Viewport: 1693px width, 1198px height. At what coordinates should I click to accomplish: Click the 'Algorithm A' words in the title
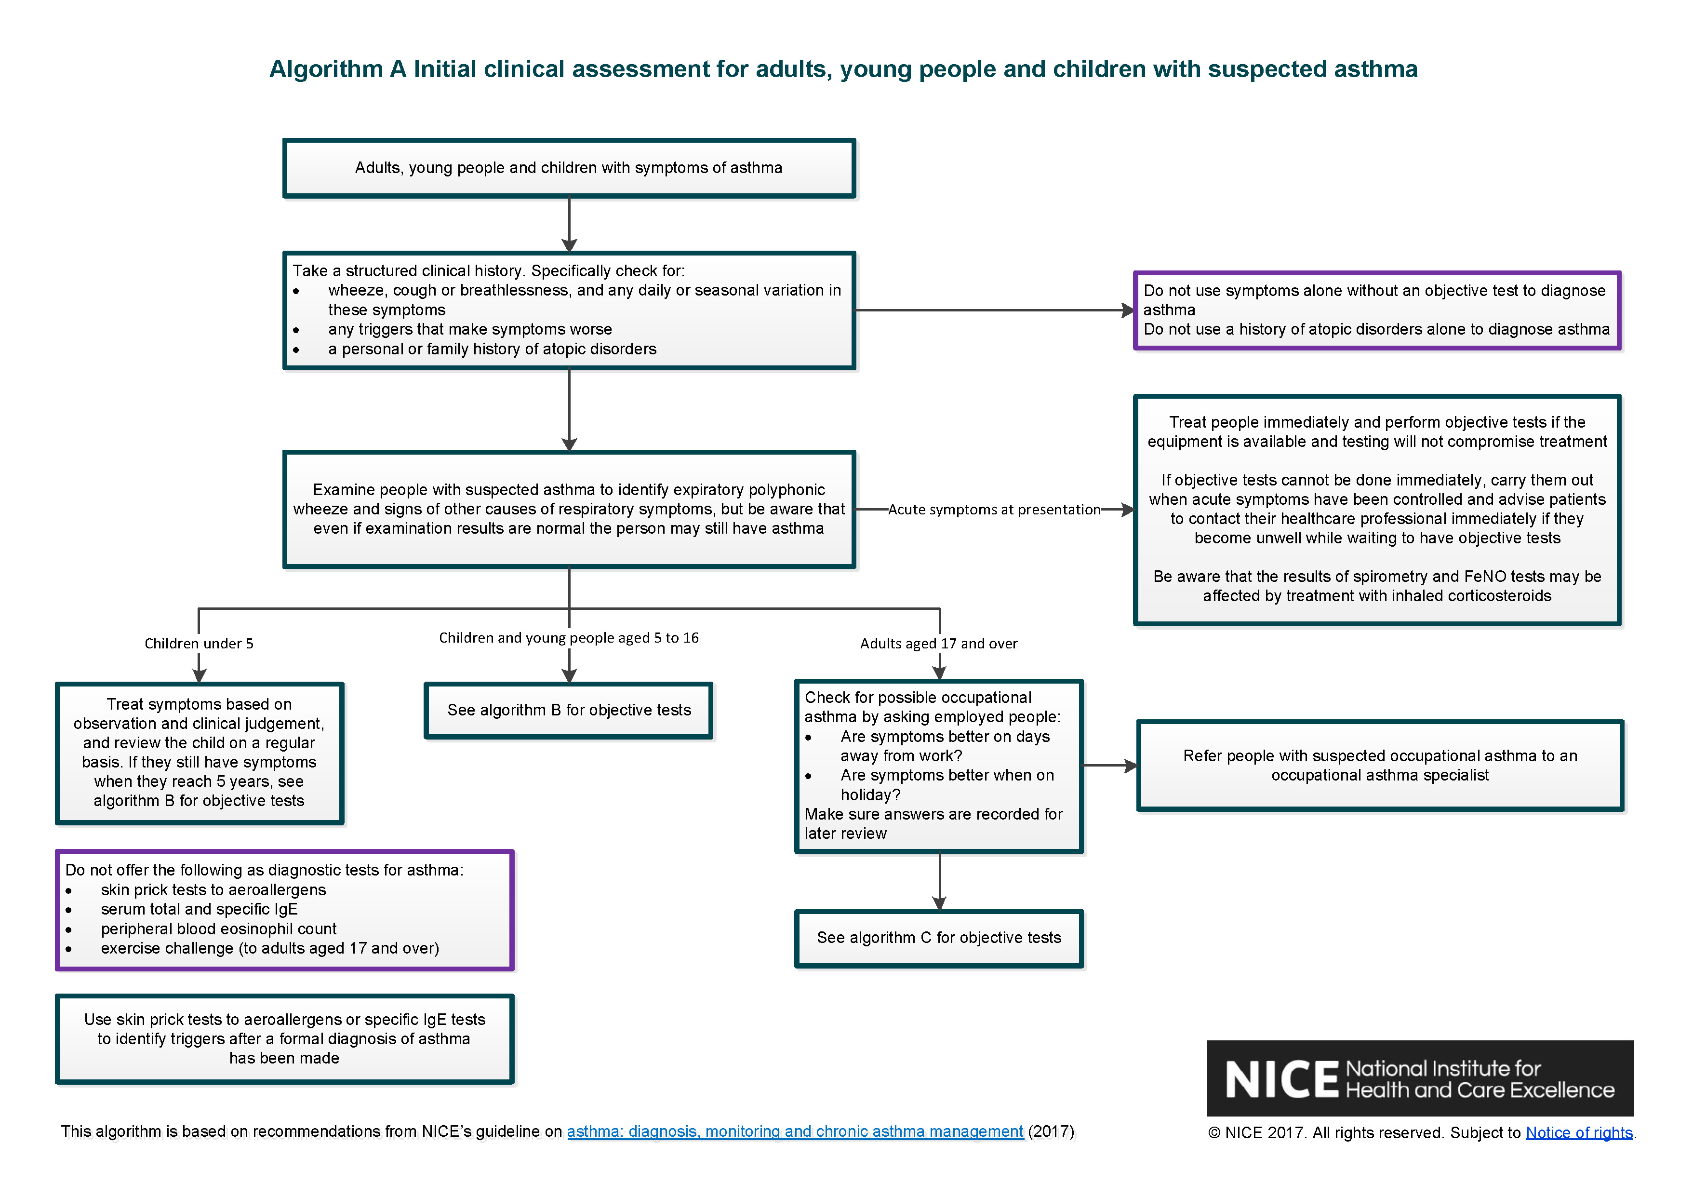pos(337,68)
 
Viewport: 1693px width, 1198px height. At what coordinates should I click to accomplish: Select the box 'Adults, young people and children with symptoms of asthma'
pos(569,168)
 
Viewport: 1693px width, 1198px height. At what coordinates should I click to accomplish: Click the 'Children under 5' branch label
pos(199,643)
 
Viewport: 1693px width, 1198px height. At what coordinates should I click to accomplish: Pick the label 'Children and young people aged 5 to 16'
pos(569,637)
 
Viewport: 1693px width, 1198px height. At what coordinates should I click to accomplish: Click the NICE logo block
pos(1419,1078)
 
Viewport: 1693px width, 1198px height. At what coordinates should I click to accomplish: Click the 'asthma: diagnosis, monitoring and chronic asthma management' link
pos(794,1131)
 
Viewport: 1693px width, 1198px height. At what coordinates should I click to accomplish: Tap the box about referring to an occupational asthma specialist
pos(1380,766)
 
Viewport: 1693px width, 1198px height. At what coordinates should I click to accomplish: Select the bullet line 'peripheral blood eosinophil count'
pos(218,929)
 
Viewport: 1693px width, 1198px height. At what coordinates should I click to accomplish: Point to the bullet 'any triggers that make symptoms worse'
pos(470,329)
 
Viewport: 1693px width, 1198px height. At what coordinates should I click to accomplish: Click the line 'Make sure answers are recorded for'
pos(933,814)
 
